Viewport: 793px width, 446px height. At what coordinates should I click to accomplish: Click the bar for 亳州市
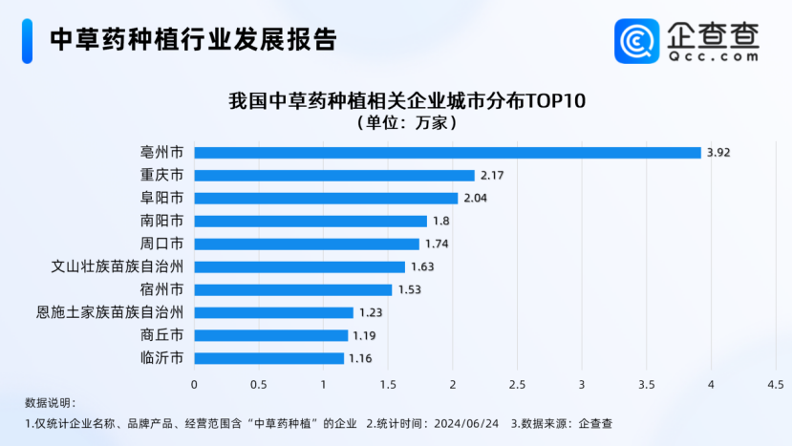[x=447, y=153]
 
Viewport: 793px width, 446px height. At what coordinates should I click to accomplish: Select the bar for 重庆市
[x=334, y=176]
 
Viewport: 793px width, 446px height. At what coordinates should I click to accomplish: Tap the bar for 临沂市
[x=269, y=358]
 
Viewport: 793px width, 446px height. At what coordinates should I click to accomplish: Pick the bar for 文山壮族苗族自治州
[x=300, y=266]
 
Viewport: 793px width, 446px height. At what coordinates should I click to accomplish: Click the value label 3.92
[x=718, y=153]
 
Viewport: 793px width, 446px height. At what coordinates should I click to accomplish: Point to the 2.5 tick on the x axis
[x=517, y=384]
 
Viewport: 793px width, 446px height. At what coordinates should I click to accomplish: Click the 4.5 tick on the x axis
[x=775, y=384]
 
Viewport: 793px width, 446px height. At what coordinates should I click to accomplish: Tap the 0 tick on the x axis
[x=195, y=384]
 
